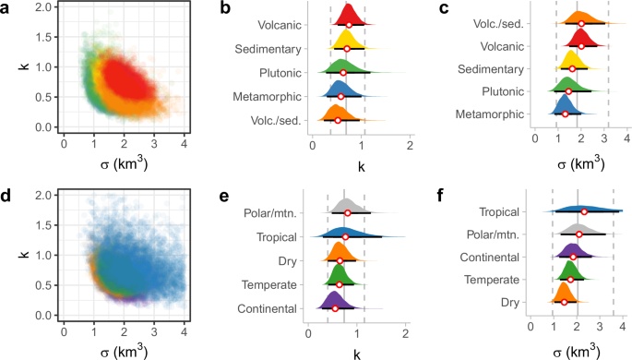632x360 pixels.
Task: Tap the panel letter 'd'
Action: pos(6,196)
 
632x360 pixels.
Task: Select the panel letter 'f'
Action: pos(445,196)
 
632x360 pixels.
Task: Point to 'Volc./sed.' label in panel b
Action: pos(272,119)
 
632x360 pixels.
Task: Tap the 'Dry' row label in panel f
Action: pos(512,301)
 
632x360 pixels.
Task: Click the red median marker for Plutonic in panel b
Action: pos(343,72)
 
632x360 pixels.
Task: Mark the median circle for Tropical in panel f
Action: pos(584,212)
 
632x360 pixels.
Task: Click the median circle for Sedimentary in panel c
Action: pos(572,68)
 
